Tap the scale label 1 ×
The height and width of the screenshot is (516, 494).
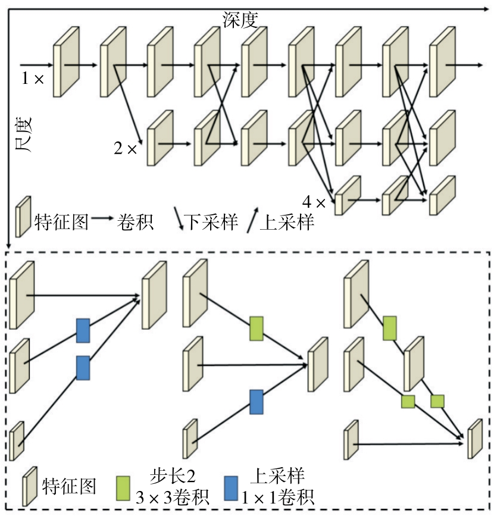click(x=33, y=78)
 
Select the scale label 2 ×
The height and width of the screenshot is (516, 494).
click(x=126, y=148)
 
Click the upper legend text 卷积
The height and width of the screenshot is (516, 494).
click(x=135, y=222)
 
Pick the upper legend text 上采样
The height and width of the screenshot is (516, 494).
click(x=287, y=222)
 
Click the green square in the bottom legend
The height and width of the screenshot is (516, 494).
click(x=124, y=486)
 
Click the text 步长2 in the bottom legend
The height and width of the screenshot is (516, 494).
click(x=172, y=476)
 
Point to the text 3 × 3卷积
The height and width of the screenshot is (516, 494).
click(x=172, y=496)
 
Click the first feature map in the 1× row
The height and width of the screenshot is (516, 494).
click(x=65, y=61)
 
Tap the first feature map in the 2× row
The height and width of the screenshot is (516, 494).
click(x=158, y=137)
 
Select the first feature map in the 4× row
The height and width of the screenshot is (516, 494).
click(x=348, y=195)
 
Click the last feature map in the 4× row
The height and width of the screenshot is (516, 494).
click(x=442, y=194)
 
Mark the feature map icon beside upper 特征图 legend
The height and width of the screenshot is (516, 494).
click(x=23, y=217)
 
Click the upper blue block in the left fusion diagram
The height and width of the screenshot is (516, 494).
click(x=83, y=330)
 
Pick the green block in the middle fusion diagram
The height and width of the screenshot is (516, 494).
click(x=257, y=328)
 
